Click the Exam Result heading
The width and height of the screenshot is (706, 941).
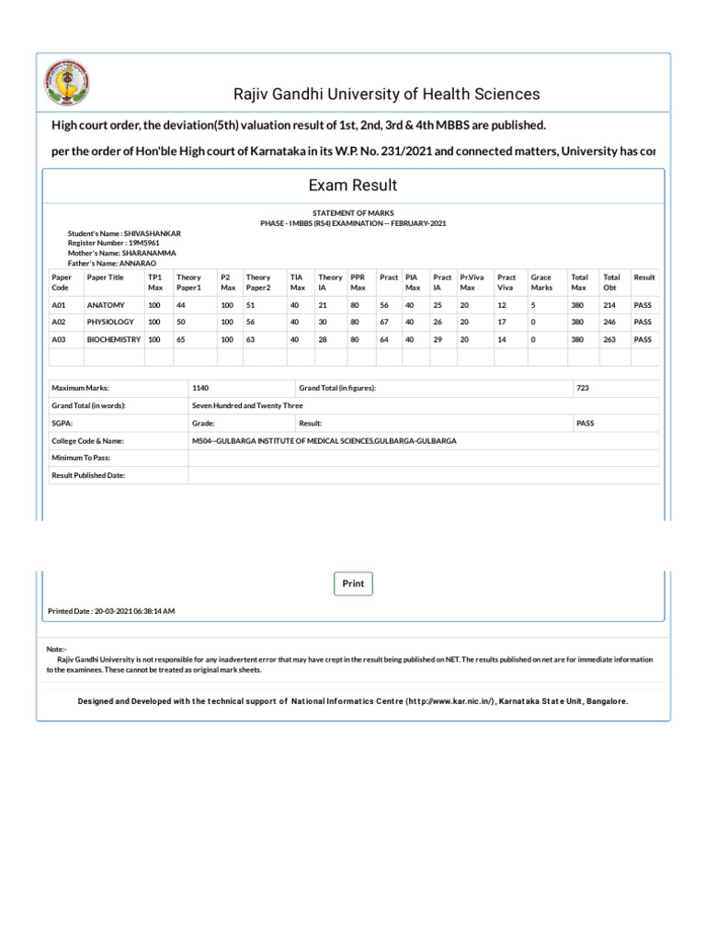point(353,185)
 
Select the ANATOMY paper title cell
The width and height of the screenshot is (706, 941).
point(106,304)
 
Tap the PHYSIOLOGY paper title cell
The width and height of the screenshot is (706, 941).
point(110,322)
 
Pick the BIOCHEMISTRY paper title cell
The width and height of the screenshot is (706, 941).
point(113,339)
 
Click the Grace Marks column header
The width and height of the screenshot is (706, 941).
point(541,282)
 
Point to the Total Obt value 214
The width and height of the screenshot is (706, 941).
point(609,304)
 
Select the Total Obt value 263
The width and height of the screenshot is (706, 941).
point(609,339)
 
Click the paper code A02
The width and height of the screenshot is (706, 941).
point(60,322)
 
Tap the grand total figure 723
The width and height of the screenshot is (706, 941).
point(583,388)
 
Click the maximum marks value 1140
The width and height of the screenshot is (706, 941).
point(200,388)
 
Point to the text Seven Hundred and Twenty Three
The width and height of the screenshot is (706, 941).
point(247,405)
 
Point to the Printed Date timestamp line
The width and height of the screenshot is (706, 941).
point(111,611)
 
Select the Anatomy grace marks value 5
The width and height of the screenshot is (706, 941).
point(533,304)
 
